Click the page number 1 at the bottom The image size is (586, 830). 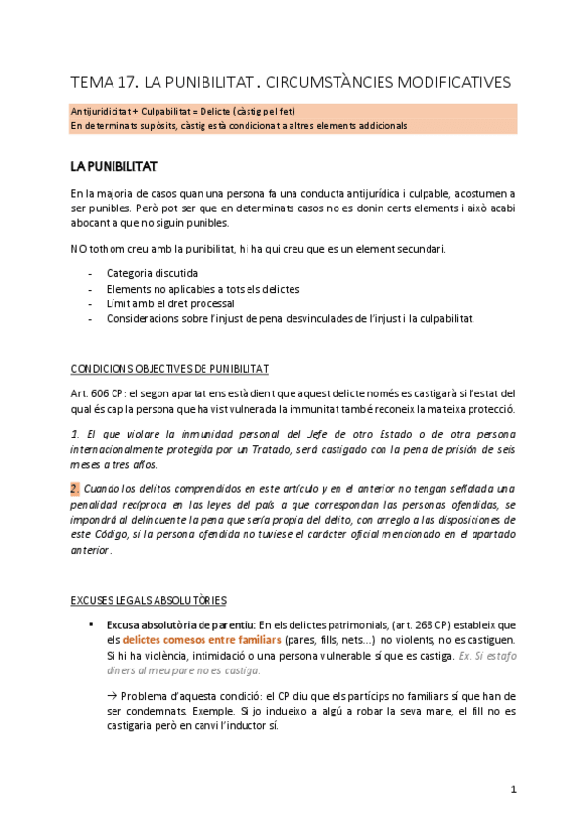(513, 789)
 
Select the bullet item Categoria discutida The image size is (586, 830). (152, 273)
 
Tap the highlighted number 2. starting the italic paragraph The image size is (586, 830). (77, 488)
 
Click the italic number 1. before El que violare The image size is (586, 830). (76, 433)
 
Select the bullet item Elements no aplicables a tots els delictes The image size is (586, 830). (203, 289)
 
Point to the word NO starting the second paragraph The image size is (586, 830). (79, 249)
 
